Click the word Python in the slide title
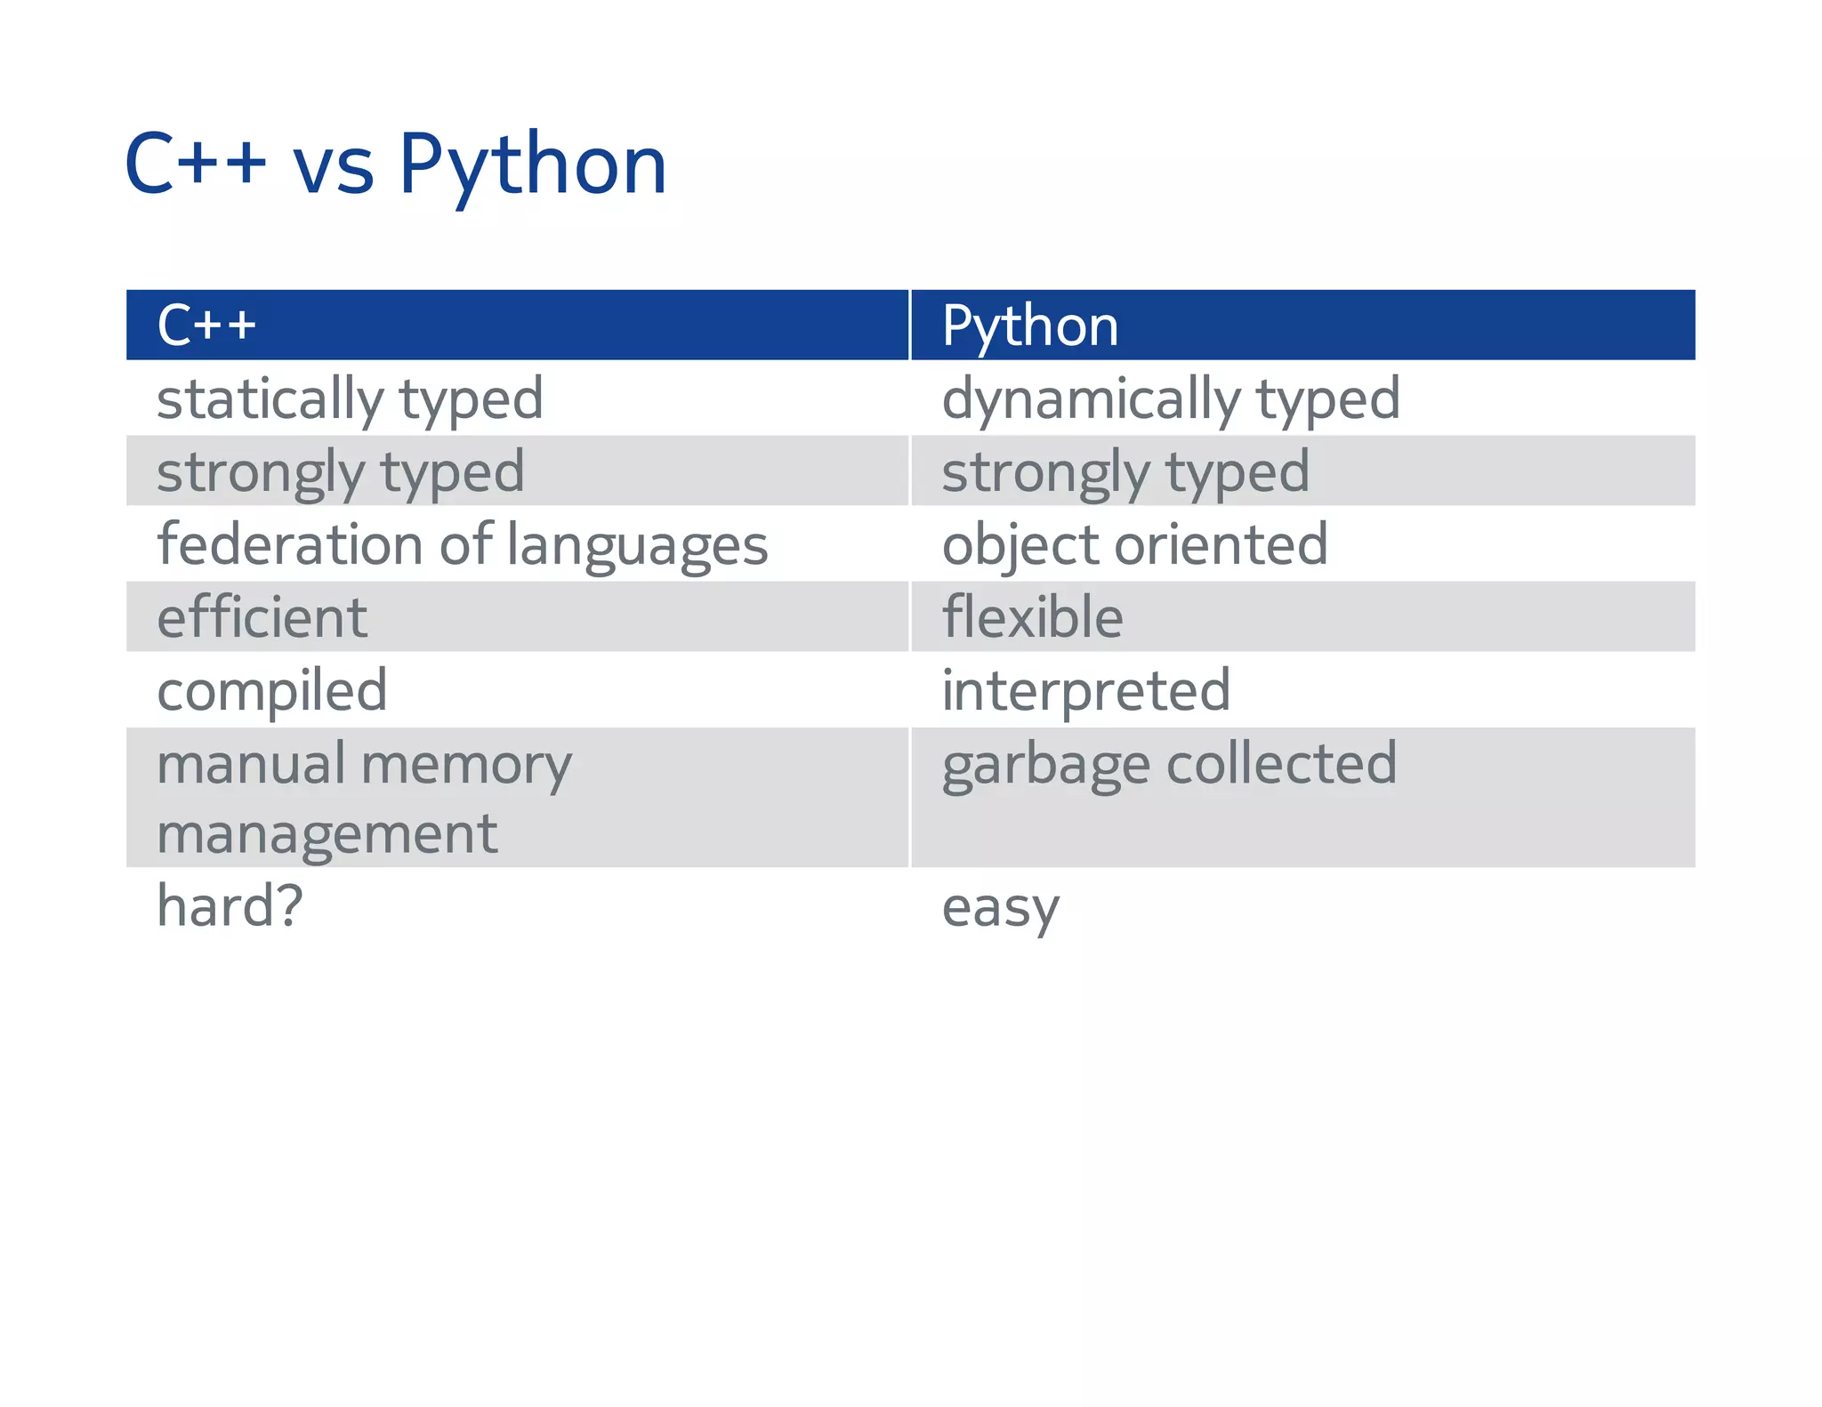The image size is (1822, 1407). click(x=532, y=165)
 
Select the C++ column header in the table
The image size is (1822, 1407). click(x=206, y=325)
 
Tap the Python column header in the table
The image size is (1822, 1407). click(x=1029, y=326)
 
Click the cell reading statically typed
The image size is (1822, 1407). click(x=350, y=399)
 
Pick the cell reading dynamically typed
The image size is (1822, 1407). click(x=1170, y=399)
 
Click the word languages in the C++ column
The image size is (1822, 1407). click(x=637, y=546)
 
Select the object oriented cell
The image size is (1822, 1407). click(x=1134, y=545)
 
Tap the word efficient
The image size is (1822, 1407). click(x=262, y=617)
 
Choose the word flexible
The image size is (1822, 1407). click(x=1032, y=617)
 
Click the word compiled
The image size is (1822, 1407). click(x=272, y=691)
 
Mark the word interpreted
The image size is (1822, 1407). click(x=1085, y=691)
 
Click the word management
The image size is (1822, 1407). click(x=327, y=835)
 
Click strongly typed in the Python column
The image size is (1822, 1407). click(x=1125, y=472)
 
